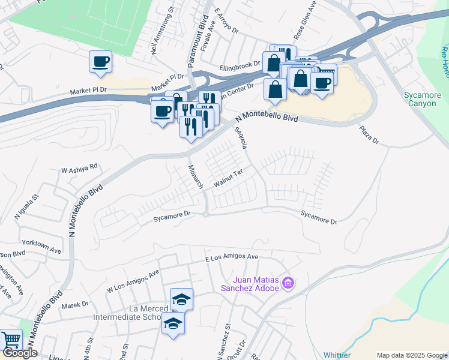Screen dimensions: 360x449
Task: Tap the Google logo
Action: (20, 353)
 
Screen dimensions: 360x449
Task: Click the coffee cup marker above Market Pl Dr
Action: (100, 61)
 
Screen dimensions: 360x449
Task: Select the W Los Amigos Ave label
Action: (133, 280)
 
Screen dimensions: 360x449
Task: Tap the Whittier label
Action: (337, 355)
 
